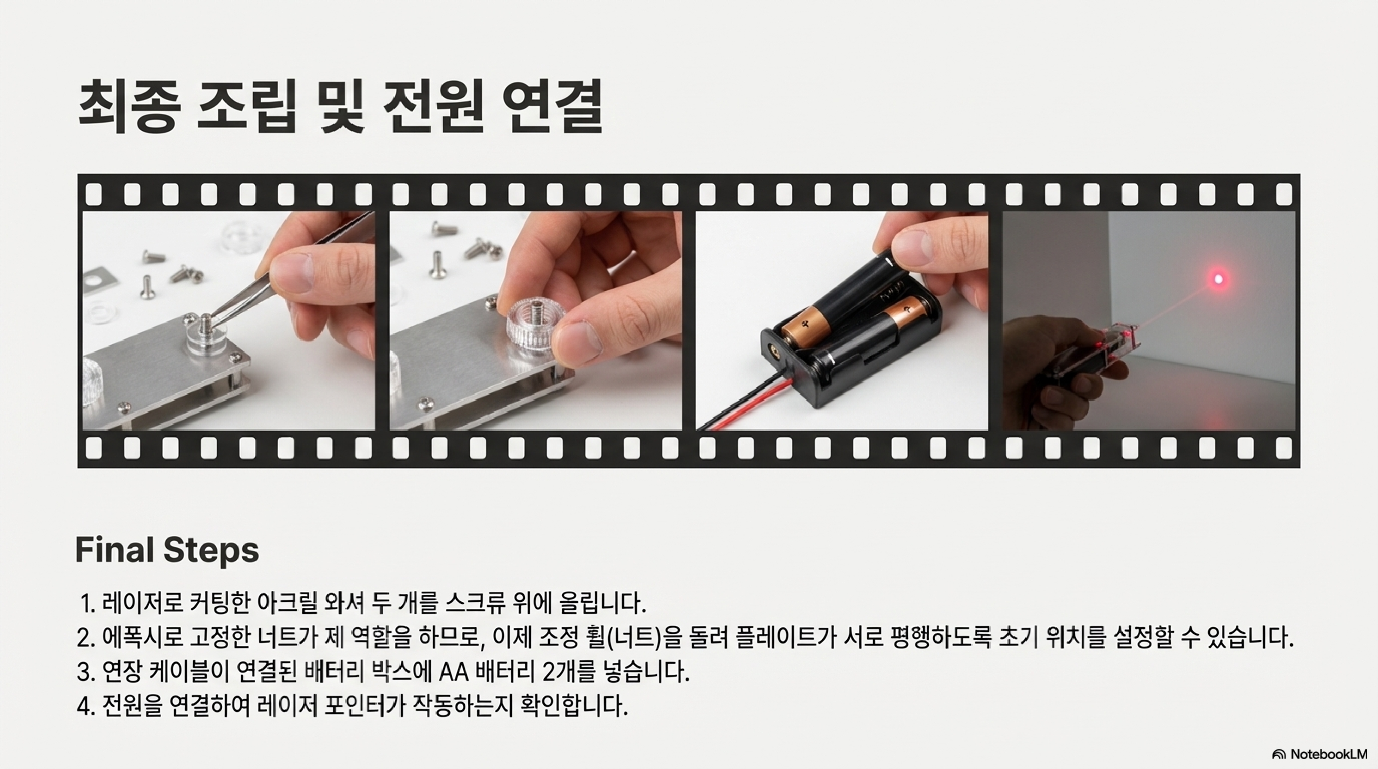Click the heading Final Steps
(x=168, y=549)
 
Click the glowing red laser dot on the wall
(x=1218, y=279)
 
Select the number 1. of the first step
(x=88, y=603)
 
